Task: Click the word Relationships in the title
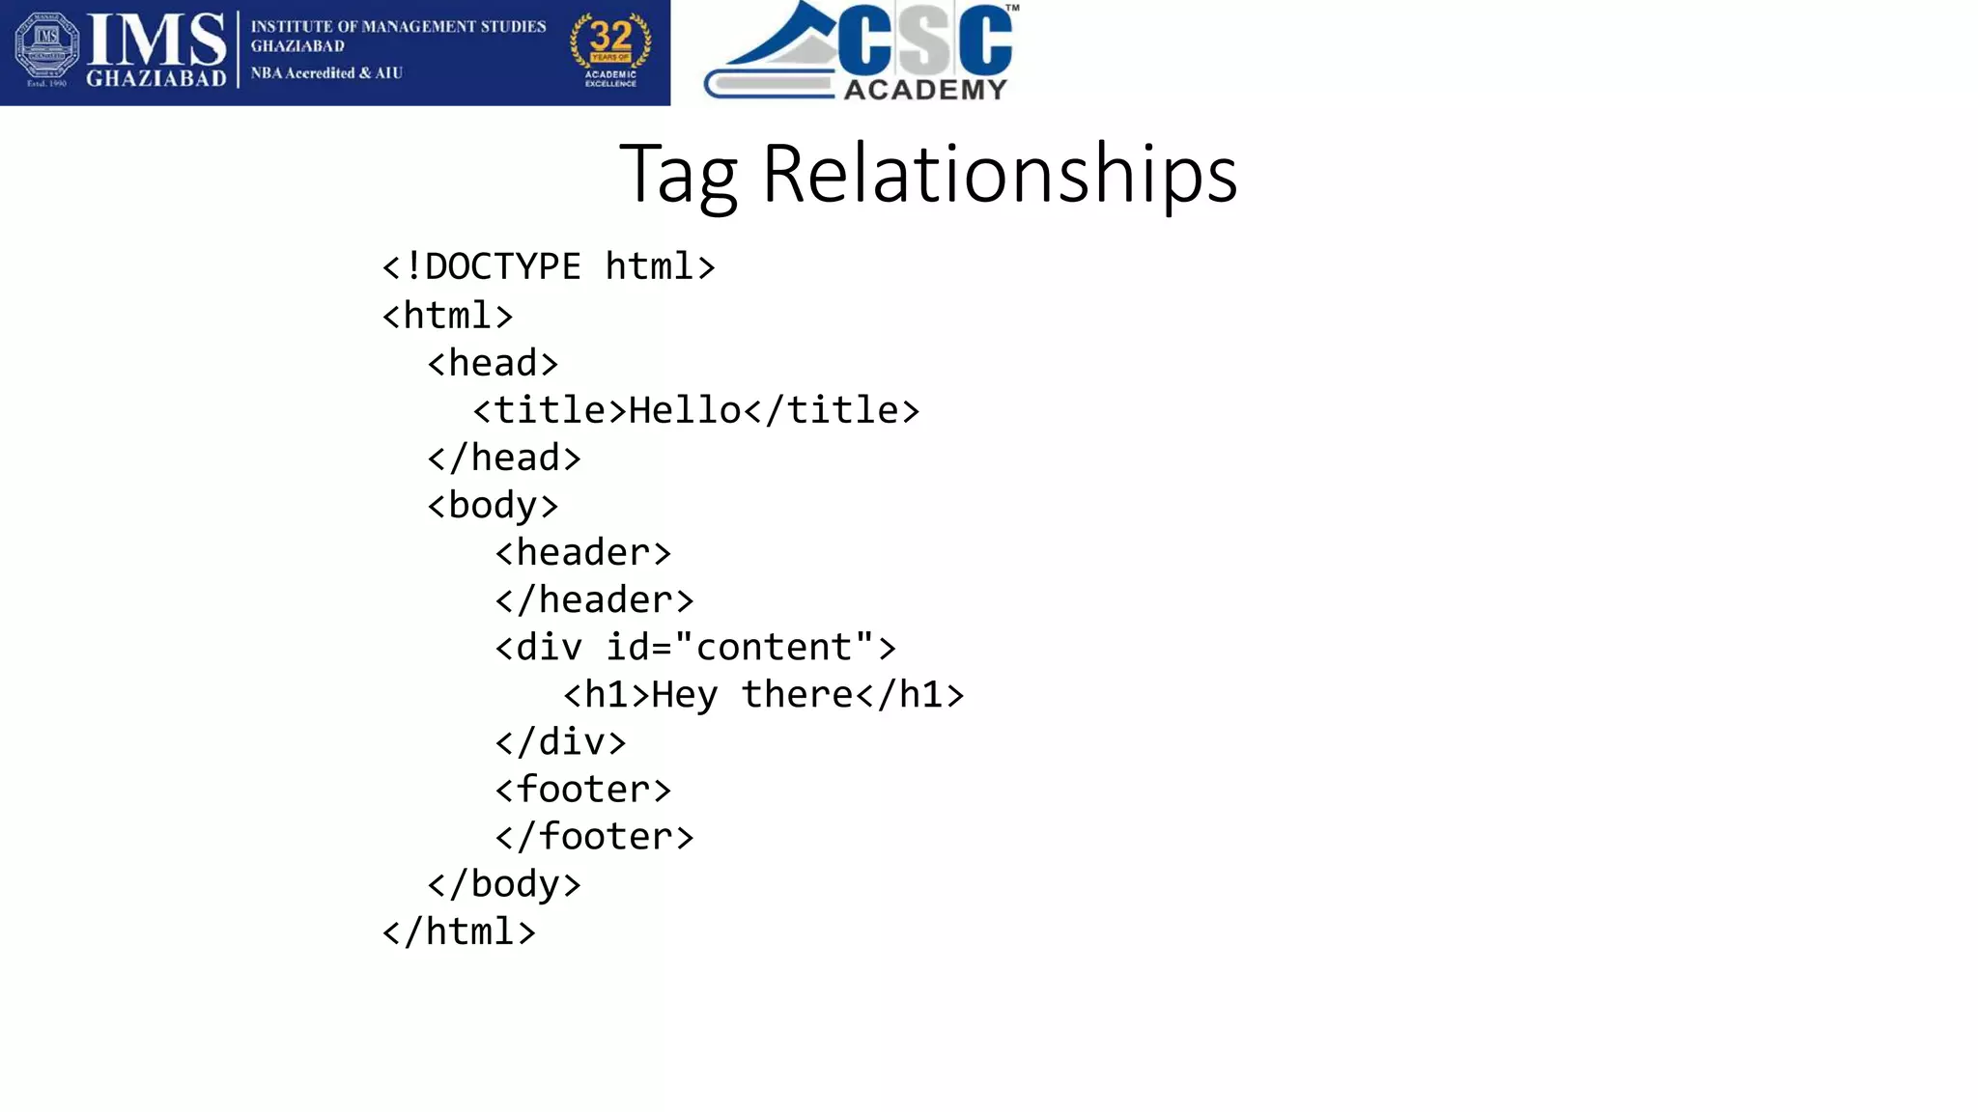[x=1000, y=174]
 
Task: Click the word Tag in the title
[x=678, y=176]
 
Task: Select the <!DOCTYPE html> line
[x=549, y=266]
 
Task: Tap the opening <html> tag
[x=447, y=315]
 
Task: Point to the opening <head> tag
[x=493, y=363]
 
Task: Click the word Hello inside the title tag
[x=685, y=410]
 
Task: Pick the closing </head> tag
[x=504, y=458]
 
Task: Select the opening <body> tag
[x=493, y=505]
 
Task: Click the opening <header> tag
[x=582, y=552]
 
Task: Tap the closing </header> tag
[x=594, y=599]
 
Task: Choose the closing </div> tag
[x=560, y=742]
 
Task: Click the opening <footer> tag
[x=582, y=790]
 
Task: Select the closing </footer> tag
[x=594, y=837]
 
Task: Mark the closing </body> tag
[x=504, y=884]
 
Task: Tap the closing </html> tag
[x=459, y=931]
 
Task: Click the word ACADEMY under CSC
[x=925, y=90]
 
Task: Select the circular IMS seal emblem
[x=46, y=48]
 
